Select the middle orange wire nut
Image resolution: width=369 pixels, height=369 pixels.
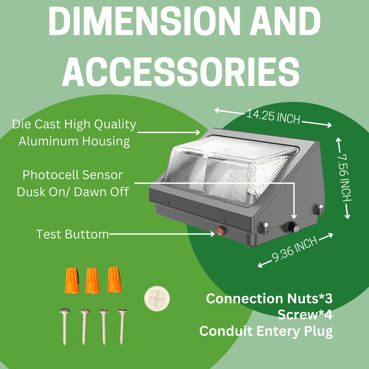tap(92, 281)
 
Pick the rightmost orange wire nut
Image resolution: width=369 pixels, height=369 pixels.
tap(114, 280)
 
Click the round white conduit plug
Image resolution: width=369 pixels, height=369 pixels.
tap(157, 298)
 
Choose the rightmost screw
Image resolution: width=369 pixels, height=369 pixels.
tap(122, 326)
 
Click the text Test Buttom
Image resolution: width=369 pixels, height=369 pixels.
tap(73, 234)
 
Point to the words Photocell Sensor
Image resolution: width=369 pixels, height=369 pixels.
tap(73, 175)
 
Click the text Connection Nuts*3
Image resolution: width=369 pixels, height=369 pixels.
tap(269, 299)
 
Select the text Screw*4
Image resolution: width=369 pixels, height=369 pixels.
tap(305, 315)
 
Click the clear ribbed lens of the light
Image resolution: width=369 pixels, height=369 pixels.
tap(225, 169)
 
